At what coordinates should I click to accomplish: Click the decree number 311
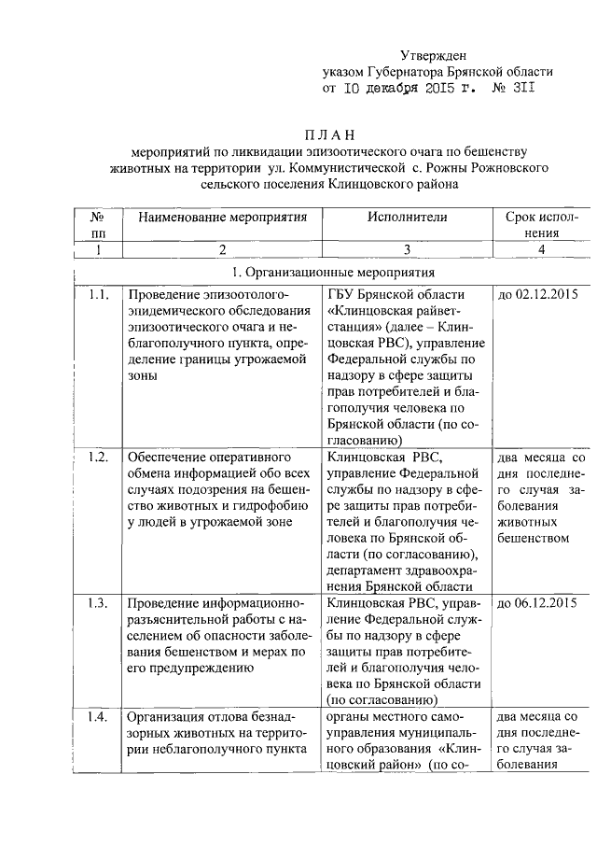click(523, 89)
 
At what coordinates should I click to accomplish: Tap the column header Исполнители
click(395, 217)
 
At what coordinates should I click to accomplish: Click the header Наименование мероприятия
click(223, 217)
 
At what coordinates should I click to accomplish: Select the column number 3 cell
click(395, 249)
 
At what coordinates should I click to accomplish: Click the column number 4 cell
click(541, 249)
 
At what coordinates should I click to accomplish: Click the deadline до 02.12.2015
click(539, 295)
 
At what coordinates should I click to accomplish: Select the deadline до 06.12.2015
click(539, 602)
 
